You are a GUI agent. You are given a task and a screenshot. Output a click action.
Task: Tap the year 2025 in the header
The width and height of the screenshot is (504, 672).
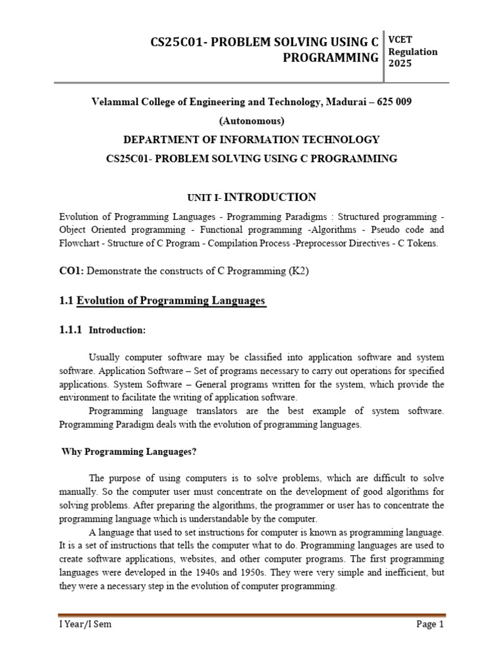pyautogui.click(x=400, y=64)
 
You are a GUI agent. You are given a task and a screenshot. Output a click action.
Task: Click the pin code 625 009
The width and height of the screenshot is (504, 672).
pyautogui.click(x=393, y=103)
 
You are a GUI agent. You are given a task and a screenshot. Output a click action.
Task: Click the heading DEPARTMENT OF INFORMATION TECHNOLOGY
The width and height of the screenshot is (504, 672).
pyautogui.click(x=252, y=139)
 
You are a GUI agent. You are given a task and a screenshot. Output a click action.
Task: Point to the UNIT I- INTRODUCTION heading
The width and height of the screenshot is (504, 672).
pyautogui.click(x=252, y=197)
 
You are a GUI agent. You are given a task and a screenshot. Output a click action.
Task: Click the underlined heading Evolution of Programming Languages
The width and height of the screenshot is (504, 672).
pyautogui.click(x=171, y=301)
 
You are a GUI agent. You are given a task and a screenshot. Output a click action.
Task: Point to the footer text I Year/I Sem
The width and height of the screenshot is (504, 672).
pyautogui.click(x=85, y=624)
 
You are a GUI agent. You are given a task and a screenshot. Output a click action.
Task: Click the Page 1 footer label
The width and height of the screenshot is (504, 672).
pyautogui.click(x=430, y=624)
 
